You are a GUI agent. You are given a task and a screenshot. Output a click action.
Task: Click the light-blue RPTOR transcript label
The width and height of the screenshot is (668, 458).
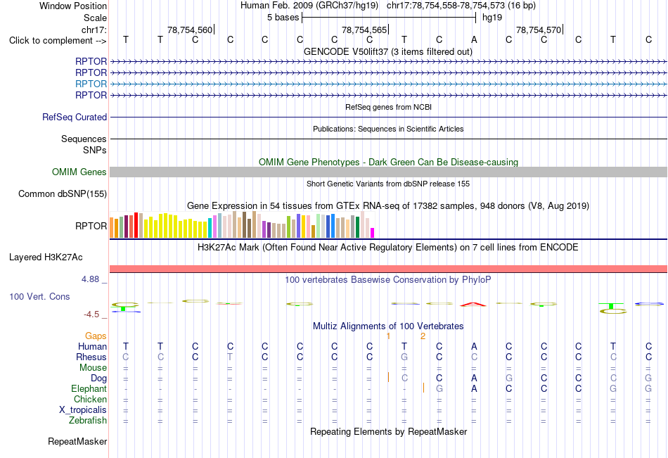click(x=91, y=84)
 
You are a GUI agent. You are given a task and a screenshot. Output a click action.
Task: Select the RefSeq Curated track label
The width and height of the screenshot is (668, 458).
click(x=75, y=117)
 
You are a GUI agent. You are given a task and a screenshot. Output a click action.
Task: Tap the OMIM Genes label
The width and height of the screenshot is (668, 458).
click(x=79, y=172)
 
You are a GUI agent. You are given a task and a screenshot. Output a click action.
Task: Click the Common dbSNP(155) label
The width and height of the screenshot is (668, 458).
click(x=63, y=193)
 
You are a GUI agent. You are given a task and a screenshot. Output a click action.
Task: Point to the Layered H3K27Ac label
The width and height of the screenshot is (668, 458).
click(x=46, y=257)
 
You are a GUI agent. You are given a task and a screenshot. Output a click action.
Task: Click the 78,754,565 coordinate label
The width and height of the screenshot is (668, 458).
click(x=364, y=30)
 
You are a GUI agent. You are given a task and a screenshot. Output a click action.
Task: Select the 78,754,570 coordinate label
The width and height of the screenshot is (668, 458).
click(x=539, y=30)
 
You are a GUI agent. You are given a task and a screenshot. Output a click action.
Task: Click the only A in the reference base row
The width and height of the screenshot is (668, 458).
click(x=474, y=40)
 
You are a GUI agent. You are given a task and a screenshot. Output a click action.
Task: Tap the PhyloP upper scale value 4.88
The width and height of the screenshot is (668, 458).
click(x=90, y=279)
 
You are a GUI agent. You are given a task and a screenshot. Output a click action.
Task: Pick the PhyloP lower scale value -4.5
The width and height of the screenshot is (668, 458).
click(x=91, y=314)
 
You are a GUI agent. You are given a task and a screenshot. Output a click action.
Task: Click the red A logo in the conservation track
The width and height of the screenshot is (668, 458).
click(x=473, y=304)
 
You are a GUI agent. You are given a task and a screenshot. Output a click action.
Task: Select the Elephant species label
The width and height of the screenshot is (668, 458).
click(x=89, y=388)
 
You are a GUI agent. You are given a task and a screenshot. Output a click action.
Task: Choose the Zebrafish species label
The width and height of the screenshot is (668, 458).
click(x=88, y=420)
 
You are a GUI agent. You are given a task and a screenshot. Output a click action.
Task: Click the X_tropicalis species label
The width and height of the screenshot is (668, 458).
click(x=83, y=410)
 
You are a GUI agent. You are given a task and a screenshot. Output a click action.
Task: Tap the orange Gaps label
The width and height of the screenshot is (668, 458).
click(x=96, y=336)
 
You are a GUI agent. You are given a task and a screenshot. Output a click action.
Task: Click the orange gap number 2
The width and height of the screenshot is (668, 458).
click(x=423, y=336)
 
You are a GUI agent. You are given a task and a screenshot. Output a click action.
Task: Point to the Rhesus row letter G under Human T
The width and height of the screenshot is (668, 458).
click(x=404, y=357)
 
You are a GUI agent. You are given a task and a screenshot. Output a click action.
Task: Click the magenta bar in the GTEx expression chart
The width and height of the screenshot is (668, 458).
click(x=373, y=233)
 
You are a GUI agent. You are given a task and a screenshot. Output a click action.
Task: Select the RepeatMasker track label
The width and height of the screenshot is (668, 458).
click(x=77, y=441)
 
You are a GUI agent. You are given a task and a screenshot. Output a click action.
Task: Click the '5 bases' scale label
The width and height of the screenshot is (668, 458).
click(x=283, y=18)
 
